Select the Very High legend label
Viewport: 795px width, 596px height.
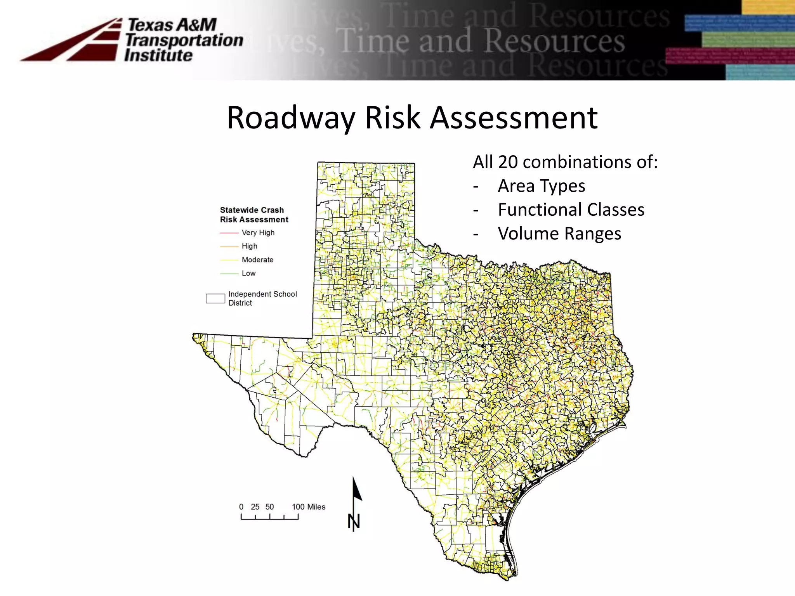click(x=258, y=232)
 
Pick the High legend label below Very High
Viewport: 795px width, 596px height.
click(x=249, y=246)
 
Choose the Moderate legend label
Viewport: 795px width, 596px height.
click(x=257, y=260)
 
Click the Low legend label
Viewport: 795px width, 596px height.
click(x=248, y=273)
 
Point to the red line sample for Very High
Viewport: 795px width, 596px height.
click(x=229, y=233)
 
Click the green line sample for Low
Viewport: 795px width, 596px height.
click(x=229, y=274)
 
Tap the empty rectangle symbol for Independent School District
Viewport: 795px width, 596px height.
click(x=215, y=298)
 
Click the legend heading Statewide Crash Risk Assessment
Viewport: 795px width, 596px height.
click(x=254, y=215)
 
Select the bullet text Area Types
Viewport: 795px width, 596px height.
click(x=542, y=186)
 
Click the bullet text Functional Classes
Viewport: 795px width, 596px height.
click(x=571, y=210)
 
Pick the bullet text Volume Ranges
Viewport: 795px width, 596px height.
click(x=559, y=234)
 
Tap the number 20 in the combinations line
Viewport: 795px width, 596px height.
click(x=508, y=162)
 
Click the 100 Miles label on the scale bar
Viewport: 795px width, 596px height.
click(x=309, y=507)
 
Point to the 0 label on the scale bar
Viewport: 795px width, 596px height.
click(x=241, y=507)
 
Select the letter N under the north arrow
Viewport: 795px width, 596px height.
click(x=354, y=522)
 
